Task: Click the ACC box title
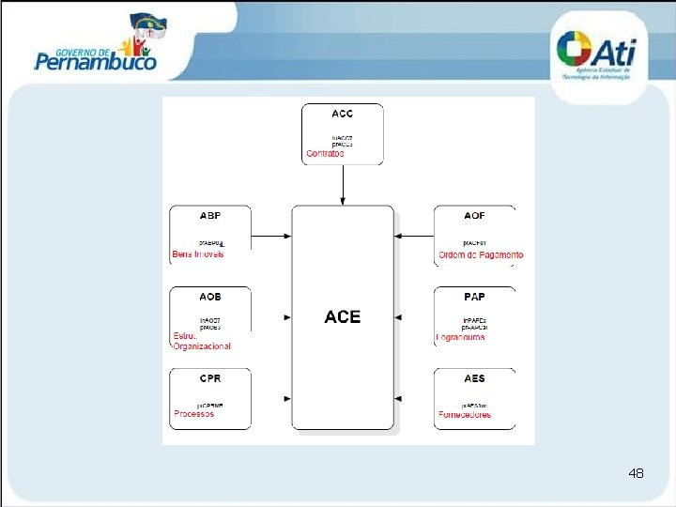click(x=343, y=114)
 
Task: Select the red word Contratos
click(x=326, y=153)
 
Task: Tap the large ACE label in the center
click(x=343, y=317)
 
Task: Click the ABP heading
click(x=210, y=215)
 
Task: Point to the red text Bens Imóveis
click(x=198, y=254)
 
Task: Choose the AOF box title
click(x=474, y=215)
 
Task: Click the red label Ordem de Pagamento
click(x=481, y=254)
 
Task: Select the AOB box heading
click(x=210, y=297)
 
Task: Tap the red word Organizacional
click(x=202, y=346)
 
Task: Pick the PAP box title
click(x=474, y=297)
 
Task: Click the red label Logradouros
click(x=461, y=336)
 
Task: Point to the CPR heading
click(x=210, y=378)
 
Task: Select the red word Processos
click(x=194, y=413)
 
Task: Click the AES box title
click(x=474, y=378)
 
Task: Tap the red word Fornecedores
click(x=465, y=414)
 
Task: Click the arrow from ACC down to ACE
click(x=343, y=188)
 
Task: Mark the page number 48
click(x=636, y=473)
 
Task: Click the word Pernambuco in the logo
click(x=96, y=63)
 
